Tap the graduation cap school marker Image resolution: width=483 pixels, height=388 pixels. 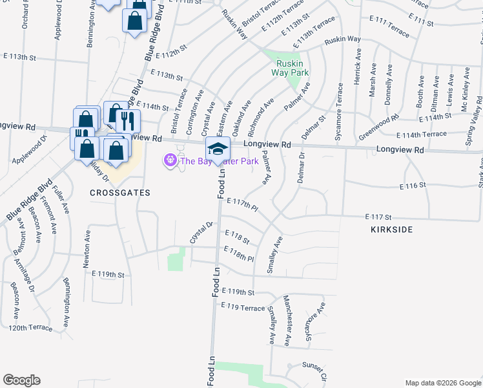[218, 148]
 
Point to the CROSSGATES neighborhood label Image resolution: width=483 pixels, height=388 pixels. [120, 193]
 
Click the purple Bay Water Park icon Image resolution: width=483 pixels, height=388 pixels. [170, 159]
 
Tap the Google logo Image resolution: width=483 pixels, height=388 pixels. [21, 380]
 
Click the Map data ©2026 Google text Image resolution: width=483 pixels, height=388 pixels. [442, 383]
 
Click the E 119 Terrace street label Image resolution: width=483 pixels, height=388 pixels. [243, 308]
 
